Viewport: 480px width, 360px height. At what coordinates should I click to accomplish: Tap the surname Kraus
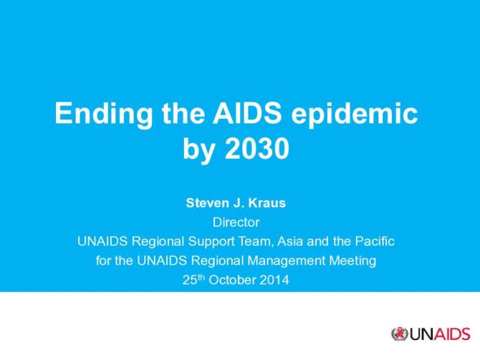point(269,203)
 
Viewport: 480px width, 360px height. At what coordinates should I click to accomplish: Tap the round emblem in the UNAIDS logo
point(399,334)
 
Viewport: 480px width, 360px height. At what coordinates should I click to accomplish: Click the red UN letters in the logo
point(419,334)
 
